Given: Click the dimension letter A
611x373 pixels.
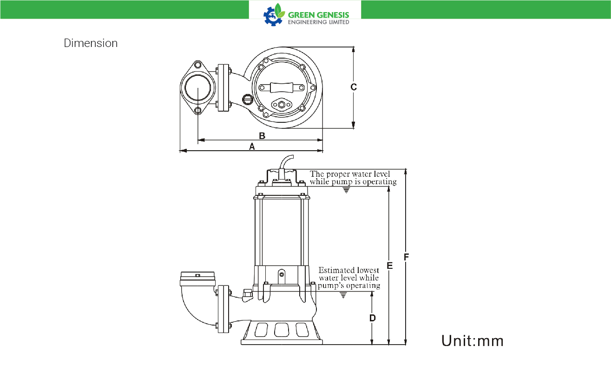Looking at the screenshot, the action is point(252,147).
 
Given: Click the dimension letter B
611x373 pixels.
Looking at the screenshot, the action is point(262,136).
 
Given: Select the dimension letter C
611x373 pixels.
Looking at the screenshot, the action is point(354,87).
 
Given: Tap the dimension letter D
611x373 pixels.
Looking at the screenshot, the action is point(372,318).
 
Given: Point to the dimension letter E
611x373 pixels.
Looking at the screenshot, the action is point(390,266).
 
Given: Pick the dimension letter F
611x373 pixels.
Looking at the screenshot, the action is point(407,257).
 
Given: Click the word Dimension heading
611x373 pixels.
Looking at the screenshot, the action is point(91,43).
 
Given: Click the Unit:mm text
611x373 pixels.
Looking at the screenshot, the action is point(473,341).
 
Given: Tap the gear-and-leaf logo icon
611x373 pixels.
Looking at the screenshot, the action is point(274,15).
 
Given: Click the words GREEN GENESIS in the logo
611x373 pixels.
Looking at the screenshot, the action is point(318,15).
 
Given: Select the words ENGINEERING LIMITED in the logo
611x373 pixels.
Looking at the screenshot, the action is point(319,22).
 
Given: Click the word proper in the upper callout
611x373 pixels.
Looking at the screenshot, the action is point(336,174).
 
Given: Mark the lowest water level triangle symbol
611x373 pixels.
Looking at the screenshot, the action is point(343,295).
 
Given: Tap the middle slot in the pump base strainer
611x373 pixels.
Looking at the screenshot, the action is point(282,330).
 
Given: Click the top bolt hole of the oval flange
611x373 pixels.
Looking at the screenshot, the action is point(198,65).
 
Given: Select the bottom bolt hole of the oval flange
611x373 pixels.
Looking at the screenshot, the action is point(198,110).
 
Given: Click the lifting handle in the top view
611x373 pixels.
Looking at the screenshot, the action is point(282,87).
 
